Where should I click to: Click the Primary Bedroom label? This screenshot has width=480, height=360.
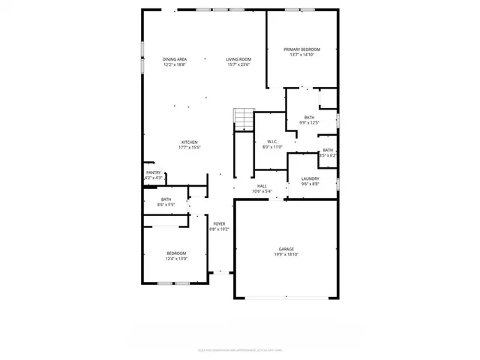point(301,49)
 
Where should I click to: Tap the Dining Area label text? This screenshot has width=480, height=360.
point(175,59)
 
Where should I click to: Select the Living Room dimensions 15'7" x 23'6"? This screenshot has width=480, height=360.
point(238,64)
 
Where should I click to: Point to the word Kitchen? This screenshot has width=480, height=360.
point(189,142)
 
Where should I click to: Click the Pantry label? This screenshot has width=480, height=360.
point(153,172)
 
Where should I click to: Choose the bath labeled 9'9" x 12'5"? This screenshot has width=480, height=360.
point(309,118)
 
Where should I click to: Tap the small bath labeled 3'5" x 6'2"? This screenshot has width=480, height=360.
point(328,150)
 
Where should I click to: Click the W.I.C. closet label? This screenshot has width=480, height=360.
point(272,142)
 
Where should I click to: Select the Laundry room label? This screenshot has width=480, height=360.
point(310,178)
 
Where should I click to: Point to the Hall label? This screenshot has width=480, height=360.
point(262,186)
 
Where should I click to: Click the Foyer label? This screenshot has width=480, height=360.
point(219,223)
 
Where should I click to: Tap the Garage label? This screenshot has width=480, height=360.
point(286,249)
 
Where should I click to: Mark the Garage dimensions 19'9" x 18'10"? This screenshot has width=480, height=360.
point(286,255)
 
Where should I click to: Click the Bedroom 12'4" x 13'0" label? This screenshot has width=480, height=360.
point(176,253)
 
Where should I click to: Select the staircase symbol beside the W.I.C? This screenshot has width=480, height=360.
point(244,118)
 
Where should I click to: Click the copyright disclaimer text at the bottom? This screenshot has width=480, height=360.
point(240,349)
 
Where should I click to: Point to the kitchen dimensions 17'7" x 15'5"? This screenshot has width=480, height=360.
point(189,148)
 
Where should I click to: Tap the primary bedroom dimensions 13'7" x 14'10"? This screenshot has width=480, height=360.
point(301,55)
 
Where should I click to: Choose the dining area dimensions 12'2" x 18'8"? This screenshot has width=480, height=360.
point(175,64)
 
